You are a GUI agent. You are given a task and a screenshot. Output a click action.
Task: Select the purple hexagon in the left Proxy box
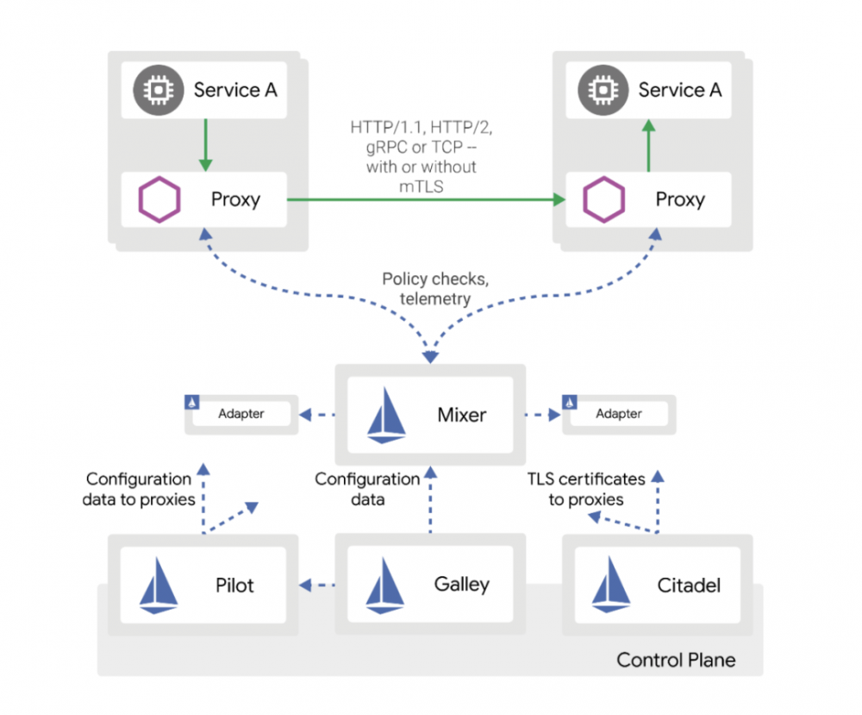click(159, 200)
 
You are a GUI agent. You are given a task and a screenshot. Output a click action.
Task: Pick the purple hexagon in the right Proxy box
click(604, 200)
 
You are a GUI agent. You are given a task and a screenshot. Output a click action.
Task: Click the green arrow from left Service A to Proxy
click(205, 145)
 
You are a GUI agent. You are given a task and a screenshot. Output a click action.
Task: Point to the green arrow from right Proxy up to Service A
click(649, 145)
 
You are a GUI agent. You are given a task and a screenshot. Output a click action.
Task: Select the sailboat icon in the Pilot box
click(159, 586)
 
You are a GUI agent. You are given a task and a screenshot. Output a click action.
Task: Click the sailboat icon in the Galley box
click(385, 586)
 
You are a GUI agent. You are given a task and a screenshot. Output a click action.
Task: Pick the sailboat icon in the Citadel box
click(611, 586)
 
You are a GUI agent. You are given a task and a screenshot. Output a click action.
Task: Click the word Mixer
click(461, 415)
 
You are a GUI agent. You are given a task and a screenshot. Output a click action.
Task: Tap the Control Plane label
click(676, 661)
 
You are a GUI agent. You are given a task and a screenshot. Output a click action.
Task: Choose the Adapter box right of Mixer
click(618, 413)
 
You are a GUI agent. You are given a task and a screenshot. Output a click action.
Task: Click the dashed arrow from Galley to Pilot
click(315, 586)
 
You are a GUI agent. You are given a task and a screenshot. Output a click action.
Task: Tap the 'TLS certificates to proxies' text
click(585, 489)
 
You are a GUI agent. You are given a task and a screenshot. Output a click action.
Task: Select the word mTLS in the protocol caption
click(422, 184)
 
